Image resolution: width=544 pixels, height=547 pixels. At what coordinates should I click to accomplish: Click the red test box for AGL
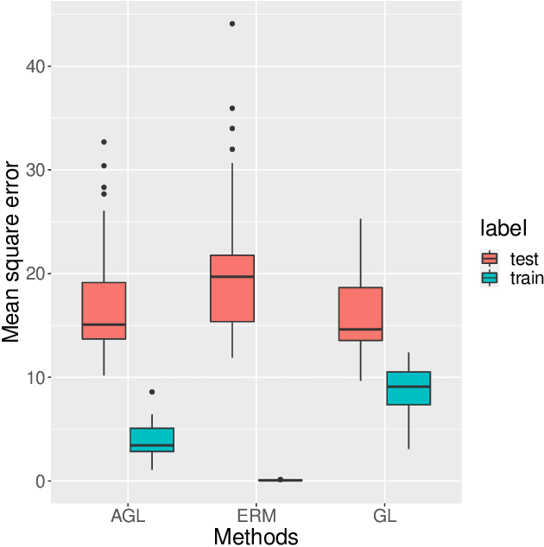[x=104, y=311]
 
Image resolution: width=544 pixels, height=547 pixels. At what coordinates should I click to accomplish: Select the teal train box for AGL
[x=152, y=439]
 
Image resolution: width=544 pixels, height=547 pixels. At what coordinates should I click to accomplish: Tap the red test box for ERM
[x=231, y=288]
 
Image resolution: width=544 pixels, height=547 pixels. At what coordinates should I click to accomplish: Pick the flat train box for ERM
[x=280, y=480]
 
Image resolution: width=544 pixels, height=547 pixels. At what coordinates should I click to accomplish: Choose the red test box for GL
[x=360, y=314]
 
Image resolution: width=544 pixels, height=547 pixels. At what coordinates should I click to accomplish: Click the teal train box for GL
[x=408, y=388]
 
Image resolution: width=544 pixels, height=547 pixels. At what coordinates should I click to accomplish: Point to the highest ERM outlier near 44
[x=232, y=23]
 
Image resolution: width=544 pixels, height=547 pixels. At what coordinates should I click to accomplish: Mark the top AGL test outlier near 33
[x=104, y=141]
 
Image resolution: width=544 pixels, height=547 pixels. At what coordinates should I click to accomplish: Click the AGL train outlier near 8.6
[x=152, y=392]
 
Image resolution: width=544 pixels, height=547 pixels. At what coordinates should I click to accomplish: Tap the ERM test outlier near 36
[x=232, y=108]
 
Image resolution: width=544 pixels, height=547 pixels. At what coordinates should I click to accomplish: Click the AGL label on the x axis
[x=128, y=518]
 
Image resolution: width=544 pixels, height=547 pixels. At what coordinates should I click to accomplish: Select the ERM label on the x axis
[x=256, y=518]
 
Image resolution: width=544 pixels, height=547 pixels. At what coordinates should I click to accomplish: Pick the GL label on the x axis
[x=384, y=518]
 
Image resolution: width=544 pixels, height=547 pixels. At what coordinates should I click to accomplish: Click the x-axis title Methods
[x=256, y=537]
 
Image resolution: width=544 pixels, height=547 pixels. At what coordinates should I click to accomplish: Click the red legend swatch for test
[x=490, y=259]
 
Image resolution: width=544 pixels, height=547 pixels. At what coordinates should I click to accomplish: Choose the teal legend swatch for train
[x=490, y=278]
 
